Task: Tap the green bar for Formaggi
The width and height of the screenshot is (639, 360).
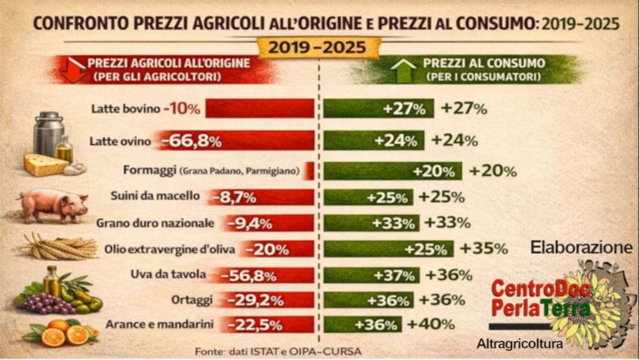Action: pyautogui.click(x=392, y=171)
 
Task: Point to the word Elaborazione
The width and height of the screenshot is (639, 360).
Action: pyautogui.click(x=581, y=248)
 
